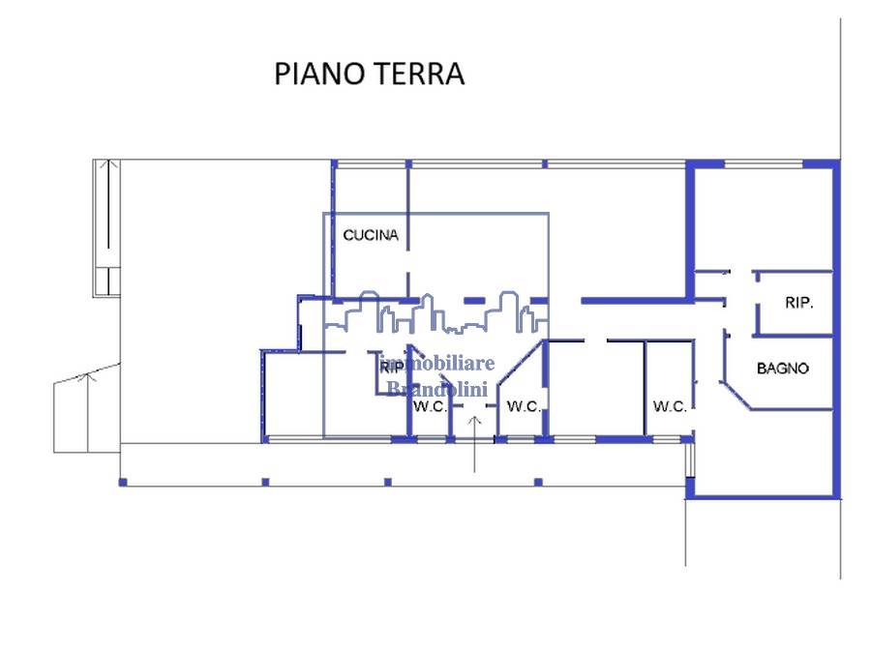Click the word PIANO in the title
[x=319, y=74]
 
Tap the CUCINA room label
[x=371, y=235]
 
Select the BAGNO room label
[x=782, y=368]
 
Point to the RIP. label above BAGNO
[x=798, y=303]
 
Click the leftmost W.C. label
[x=430, y=407]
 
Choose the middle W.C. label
[x=524, y=407]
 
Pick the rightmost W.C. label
[x=670, y=407]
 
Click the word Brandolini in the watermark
[x=437, y=389]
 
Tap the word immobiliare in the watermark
[x=438, y=364]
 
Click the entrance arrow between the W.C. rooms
[x=474, y=445]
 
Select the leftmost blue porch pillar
[x=123, y=483]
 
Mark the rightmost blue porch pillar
[x=538, y=483]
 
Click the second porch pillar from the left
[x=265, y=483]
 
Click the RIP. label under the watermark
[x=392, y=368]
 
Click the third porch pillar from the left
[x=388, y=483]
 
